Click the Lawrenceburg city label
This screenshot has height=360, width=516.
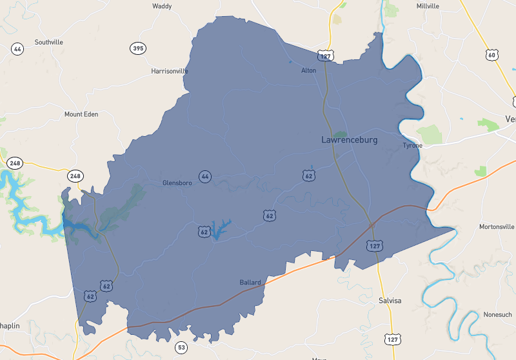click(x=349, y=139)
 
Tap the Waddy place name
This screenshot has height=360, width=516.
click(x=161, y=6)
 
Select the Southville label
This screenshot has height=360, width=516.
click(x=49, y=42)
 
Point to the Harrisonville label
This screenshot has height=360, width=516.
click(x=170, y=70)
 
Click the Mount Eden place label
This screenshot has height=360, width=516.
click(x=81, y=114)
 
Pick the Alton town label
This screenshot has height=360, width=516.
click(x=309, y=70)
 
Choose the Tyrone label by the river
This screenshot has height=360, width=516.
click(x=413, y=145)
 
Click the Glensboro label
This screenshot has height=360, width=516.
click(x=177, y=183)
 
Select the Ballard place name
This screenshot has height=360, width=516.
click(x=250, y=283)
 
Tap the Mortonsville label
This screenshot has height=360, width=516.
click(x=497, y=227)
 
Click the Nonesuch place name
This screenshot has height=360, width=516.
click(x=497, y=314)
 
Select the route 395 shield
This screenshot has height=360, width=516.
click(x=137, y=48)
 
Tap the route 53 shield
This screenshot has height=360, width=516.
click(x=181, y=348)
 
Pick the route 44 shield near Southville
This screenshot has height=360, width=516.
click(x=17, y=49)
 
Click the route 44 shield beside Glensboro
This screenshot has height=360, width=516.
click(x=205, y=176)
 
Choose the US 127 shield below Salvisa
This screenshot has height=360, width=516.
click(x=392, y=339)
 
